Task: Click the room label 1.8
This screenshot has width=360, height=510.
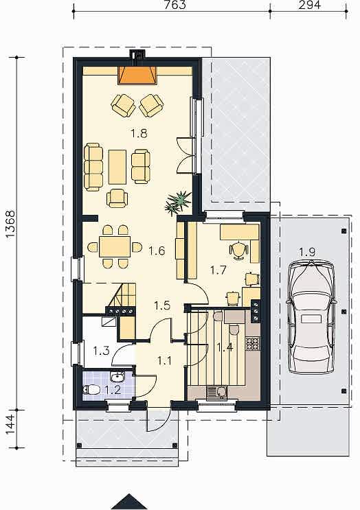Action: [139, 133]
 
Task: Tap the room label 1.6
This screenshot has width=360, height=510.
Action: [157, 251]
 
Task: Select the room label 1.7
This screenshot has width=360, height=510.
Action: [218, 270]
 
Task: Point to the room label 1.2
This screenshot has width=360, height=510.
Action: [113, 390]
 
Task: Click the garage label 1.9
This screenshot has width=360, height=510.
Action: [307, 252]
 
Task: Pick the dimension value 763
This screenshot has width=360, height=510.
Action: [175, 5]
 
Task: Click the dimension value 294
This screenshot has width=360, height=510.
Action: [310, 5]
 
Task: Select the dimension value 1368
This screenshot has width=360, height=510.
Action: [10, 225]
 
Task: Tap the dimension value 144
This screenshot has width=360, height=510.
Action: [10, 424]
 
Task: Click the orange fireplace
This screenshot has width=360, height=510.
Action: [137, 75]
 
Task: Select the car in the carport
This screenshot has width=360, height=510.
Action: [311, 317]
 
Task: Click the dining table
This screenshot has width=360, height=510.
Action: [115, 246]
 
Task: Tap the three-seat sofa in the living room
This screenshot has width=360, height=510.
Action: [93, 167]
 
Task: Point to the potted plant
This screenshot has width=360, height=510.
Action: [178, 203]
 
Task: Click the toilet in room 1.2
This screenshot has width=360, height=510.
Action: [92, 389]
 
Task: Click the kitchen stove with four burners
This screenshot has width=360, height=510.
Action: [253, 344]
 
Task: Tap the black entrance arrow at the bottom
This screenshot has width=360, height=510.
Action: [129, 502]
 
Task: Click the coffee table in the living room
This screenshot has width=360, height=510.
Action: [117, 167]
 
